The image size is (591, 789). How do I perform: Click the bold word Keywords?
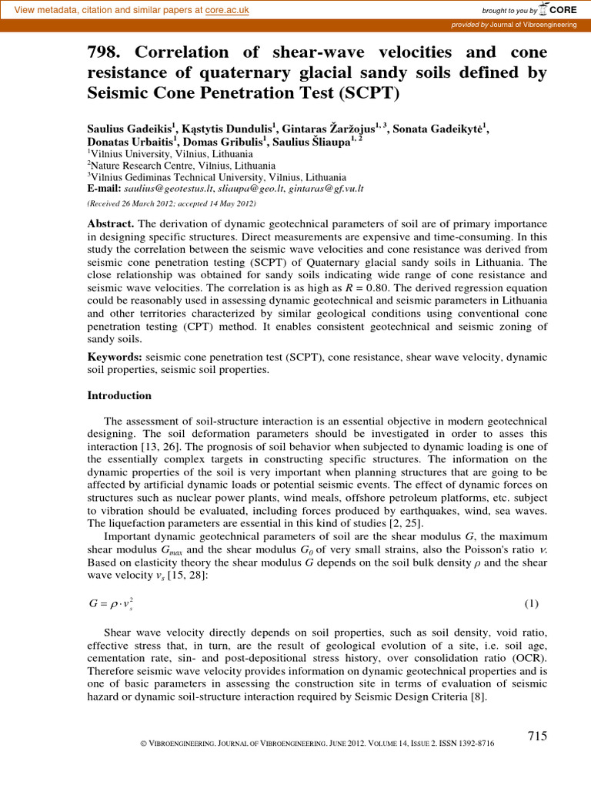click(x=115, y=358)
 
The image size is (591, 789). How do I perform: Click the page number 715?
click(x=536, y=736)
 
